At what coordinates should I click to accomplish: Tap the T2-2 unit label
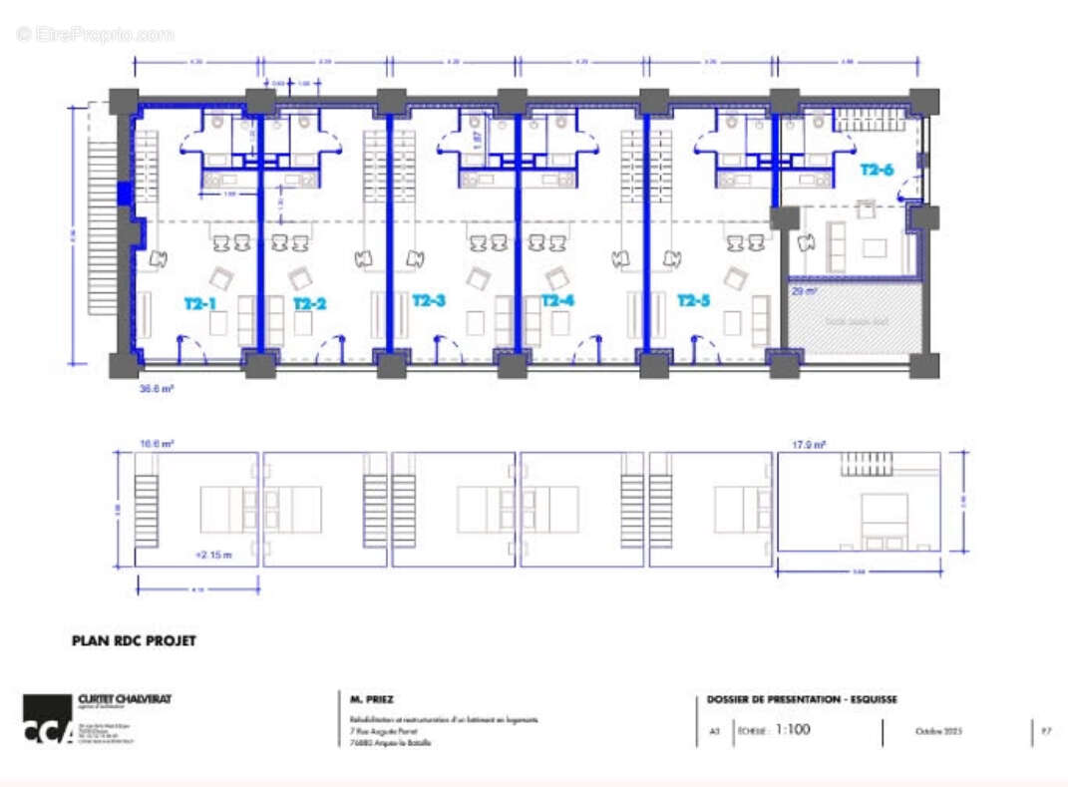(310, 302)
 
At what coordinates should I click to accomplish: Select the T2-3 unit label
(429, 300)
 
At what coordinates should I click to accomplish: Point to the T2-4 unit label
(557, 300)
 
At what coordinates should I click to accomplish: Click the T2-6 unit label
(877, 170)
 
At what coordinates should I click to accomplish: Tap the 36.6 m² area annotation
(157, 390)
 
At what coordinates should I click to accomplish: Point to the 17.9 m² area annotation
(809, 445)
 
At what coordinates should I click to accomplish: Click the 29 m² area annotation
(804, 291)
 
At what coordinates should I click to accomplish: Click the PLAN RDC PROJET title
(134, 641)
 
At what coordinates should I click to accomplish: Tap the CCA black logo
(47, 719)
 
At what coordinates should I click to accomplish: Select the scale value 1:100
(792, 730)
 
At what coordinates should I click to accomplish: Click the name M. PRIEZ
(372, 699)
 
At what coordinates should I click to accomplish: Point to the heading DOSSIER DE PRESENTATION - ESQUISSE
(802, 699)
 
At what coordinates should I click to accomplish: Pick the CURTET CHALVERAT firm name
(124, 699)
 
